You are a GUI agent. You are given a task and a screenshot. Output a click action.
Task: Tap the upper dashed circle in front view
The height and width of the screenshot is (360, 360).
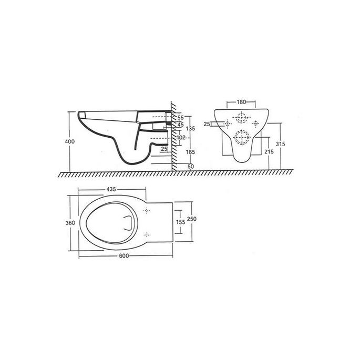pyautogui.click(x=241, y=118)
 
